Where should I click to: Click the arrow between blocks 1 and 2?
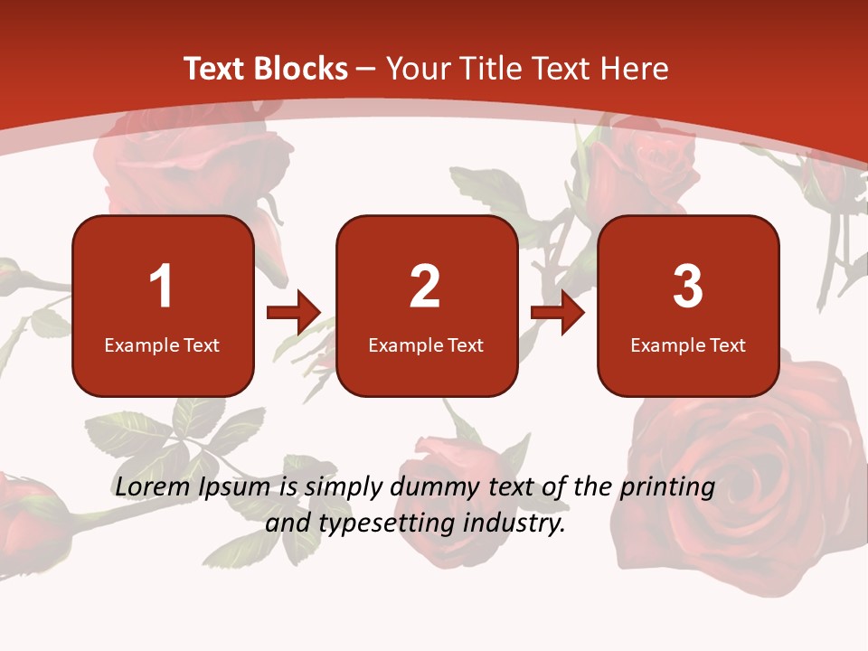tap(294, 313)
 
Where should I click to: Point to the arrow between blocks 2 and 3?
tap(558, 313)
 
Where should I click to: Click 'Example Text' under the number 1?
tap(162, 344)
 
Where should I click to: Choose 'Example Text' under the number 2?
tap(426, 344)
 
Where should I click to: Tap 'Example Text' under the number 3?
tap(688, 344)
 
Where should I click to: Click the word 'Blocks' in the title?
tap(301, 69)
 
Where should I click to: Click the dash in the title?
tap(367, 70)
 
